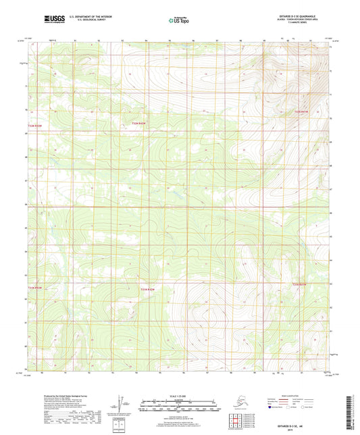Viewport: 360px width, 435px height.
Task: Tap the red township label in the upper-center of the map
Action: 139,124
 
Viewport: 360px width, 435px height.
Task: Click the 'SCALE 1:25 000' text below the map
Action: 179,396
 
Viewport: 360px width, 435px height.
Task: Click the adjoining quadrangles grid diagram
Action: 237,419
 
